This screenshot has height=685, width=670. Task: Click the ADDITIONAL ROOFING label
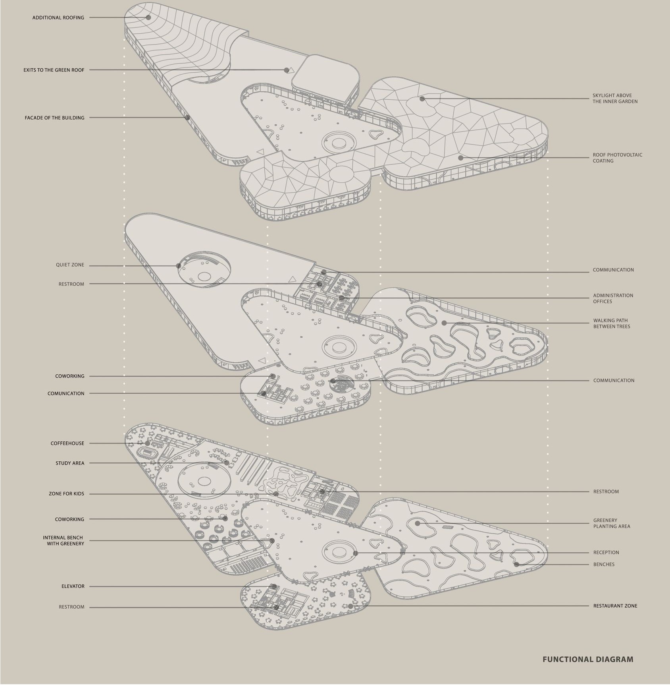pos(58,18)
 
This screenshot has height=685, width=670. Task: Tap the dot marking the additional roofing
pos(148,17)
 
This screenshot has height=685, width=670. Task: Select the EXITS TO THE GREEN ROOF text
pos(54,70)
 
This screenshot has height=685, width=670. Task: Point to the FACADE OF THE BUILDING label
pos(54,118)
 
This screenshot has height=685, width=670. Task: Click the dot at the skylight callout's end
pos(422,99)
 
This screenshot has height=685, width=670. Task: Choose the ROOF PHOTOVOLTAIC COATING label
pos(617,158)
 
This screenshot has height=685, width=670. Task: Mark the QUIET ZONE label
pos(70,265)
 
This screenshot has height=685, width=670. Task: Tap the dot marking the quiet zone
pos(179,266)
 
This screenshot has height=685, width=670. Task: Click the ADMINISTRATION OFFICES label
pos(613,299)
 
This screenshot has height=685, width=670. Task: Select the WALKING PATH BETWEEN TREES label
pos(612,324)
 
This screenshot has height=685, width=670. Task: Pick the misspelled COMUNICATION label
pos(66,394)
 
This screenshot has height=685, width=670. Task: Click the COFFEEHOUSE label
pos(67,443)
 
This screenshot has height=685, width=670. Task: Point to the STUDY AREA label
pos(70,463)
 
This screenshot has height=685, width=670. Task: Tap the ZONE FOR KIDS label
pos(67,494)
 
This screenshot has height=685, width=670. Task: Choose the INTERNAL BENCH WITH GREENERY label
pos(64,541)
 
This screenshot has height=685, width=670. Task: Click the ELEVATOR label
pos(73,586)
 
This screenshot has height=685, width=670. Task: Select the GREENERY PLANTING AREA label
pos(611,524)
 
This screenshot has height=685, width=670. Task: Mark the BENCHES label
pos(604,565)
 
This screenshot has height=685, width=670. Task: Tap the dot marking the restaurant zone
pos(350,606)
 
